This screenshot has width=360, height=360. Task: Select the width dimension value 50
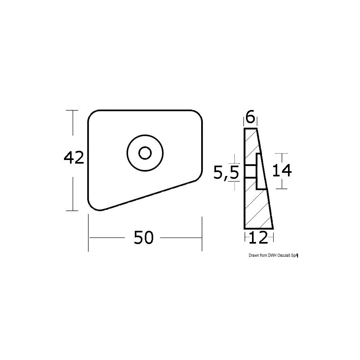[144, 237]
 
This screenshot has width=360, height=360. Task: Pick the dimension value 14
[282, 170]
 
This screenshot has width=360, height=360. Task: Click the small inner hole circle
[145, 153]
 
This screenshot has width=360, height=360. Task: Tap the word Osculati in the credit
[285, 255]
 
